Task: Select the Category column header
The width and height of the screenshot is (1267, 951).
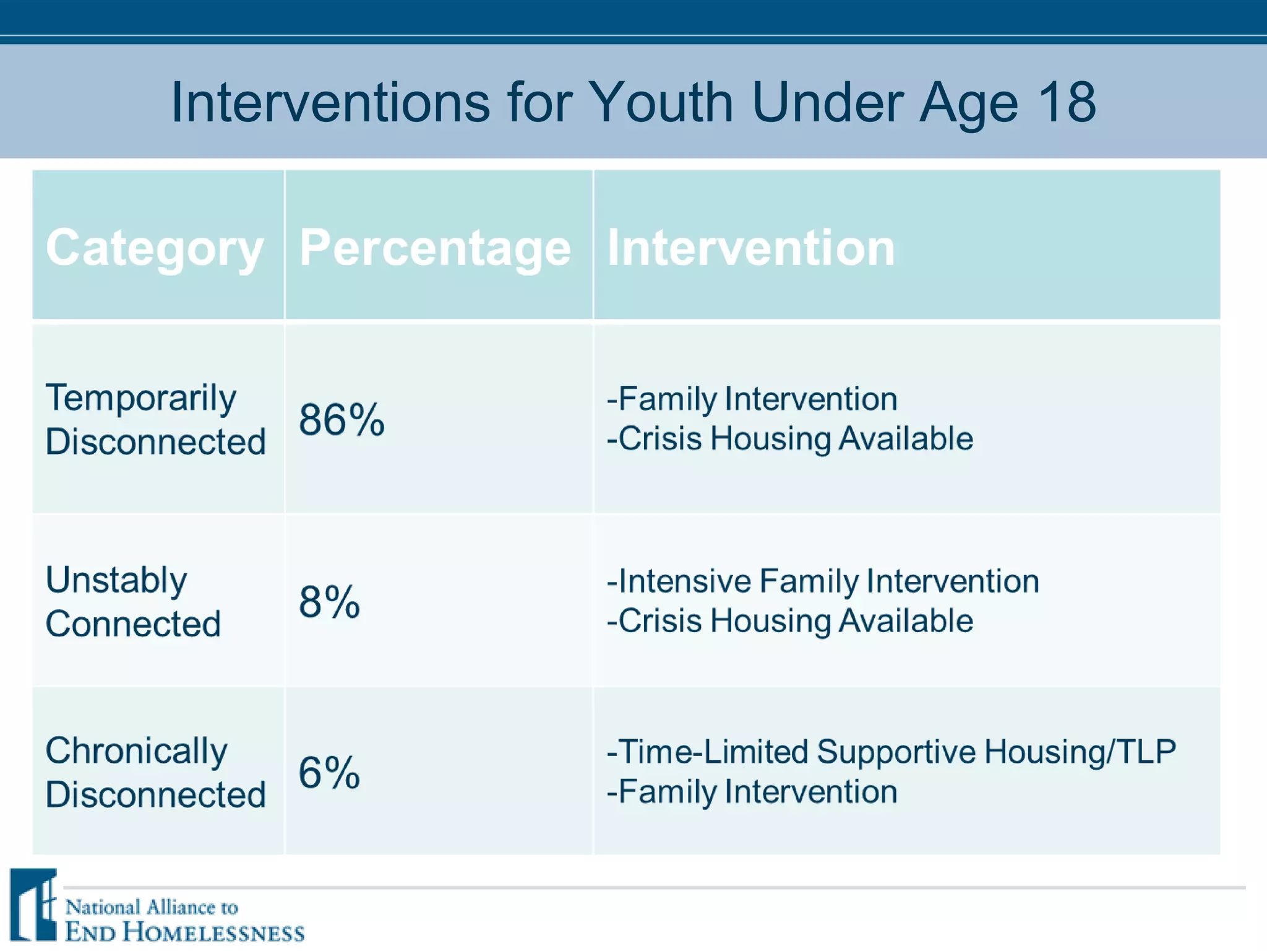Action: pos(155,248)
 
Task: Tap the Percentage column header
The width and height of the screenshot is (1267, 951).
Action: pos(435,248)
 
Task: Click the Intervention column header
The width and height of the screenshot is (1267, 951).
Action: pos(751,248)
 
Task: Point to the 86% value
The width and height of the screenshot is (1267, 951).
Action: pos(341,420)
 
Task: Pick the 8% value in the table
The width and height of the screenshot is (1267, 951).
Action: pos(329,602)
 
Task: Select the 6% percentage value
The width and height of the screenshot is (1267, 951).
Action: pos(329,773)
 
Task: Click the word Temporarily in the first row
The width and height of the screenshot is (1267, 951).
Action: pos(141,398)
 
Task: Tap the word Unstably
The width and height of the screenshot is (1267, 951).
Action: pos(116,581)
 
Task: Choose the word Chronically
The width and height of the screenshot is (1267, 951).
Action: pos(137,752)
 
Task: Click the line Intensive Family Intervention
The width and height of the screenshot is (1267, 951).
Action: pos(823,581)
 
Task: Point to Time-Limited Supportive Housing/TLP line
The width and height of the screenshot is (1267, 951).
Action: pos(891,752)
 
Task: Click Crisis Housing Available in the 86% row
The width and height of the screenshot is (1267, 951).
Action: pos(789,439)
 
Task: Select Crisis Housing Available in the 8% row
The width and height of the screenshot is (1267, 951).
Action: pos(789,621)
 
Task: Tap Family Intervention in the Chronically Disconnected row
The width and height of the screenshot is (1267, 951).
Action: pos(752,792)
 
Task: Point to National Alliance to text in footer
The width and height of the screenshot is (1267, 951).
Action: pos(152,908)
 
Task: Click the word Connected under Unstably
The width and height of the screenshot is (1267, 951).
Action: pos(133,624)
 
